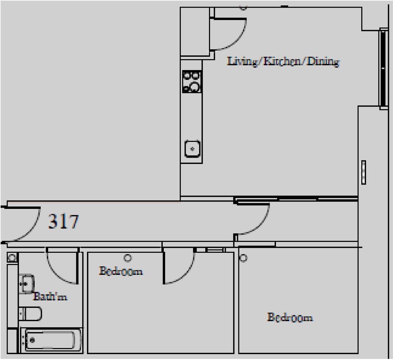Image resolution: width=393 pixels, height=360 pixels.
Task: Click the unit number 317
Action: pyautogui.click(x=64, y=221)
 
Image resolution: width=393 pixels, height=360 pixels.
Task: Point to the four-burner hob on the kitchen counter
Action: pyautogui.click(x=192, y=82)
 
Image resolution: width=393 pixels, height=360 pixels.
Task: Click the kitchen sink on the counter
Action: pyautogui.click(x=192, y=148)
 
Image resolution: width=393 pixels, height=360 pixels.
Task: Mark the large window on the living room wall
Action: pyautogui.click(x=383, y=69)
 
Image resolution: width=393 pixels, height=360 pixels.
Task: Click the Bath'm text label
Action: pyautogui.click(x=50, y=297)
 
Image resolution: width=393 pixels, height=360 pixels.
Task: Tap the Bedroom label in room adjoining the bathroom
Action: pyautogui.click(x=121, y=271)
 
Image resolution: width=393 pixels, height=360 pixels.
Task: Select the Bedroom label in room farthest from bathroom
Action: pyautogui.click(x=289, y=317)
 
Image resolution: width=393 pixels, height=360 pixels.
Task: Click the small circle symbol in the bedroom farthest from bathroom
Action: pyautogui.click(x=243, y=258)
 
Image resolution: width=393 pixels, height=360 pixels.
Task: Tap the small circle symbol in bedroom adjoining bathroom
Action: pyautogui.click(x=128, y=257)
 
